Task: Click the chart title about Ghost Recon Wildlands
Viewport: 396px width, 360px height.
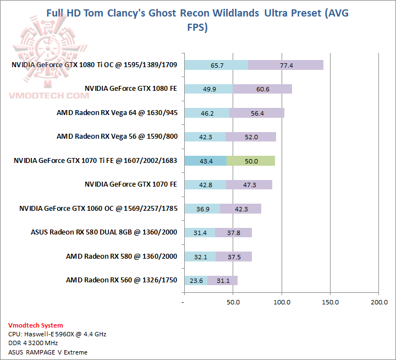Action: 197,20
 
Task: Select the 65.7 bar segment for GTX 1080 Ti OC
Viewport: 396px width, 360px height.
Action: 216,66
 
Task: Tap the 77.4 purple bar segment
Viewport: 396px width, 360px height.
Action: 285,66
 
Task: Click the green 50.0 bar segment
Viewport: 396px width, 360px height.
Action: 251,161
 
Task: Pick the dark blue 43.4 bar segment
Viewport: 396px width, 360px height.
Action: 205,161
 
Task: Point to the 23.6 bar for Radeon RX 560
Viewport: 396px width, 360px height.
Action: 196,280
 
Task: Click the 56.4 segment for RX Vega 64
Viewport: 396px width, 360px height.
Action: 257,113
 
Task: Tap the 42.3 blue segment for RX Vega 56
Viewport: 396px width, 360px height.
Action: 205,137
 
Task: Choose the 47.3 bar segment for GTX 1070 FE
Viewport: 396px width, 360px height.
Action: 249,185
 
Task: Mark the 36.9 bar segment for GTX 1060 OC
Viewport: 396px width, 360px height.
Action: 202,209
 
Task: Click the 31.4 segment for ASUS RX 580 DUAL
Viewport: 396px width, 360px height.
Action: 200,232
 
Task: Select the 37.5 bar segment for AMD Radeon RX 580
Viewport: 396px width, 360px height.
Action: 234,257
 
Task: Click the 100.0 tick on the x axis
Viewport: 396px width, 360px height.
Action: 282,302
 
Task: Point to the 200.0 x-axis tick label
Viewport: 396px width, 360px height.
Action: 379,302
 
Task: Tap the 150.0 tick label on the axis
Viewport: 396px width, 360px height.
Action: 331,302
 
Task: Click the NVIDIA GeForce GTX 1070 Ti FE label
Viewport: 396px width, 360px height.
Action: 95,161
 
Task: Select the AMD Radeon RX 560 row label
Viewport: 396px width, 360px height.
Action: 121,280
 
